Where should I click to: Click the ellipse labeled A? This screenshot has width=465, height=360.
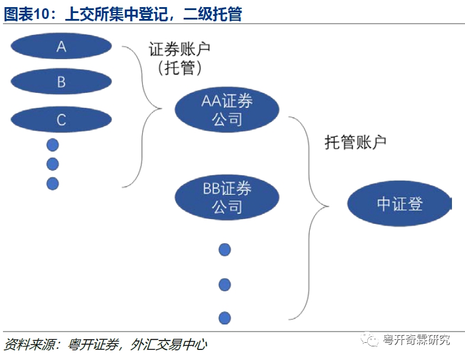(x=61, y=46)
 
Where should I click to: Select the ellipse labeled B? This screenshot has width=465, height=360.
(x=61, y=82)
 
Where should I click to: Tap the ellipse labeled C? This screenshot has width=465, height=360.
(x=61, y=120)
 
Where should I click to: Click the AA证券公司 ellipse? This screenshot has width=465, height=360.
(x=227, y=110)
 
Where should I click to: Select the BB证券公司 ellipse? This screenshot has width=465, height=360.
(x=227, y=198)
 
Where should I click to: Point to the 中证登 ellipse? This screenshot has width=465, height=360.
(x=399, y=204)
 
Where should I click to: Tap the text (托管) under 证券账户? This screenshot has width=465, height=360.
(x=180, y=68)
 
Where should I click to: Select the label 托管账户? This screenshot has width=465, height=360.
(x=355, y=142)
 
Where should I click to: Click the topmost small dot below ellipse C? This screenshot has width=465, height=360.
(x=53, y=144)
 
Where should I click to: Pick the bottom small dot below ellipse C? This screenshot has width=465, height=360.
(x=53, y=184)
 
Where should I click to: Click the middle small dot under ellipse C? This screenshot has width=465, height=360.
(x=53, y=164)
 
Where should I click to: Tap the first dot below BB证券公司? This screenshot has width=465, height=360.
(x=225, y=249)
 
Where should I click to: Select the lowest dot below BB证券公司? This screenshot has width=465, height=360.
(x=225, y=317)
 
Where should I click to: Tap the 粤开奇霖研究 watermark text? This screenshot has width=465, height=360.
(x=416, y=340)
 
